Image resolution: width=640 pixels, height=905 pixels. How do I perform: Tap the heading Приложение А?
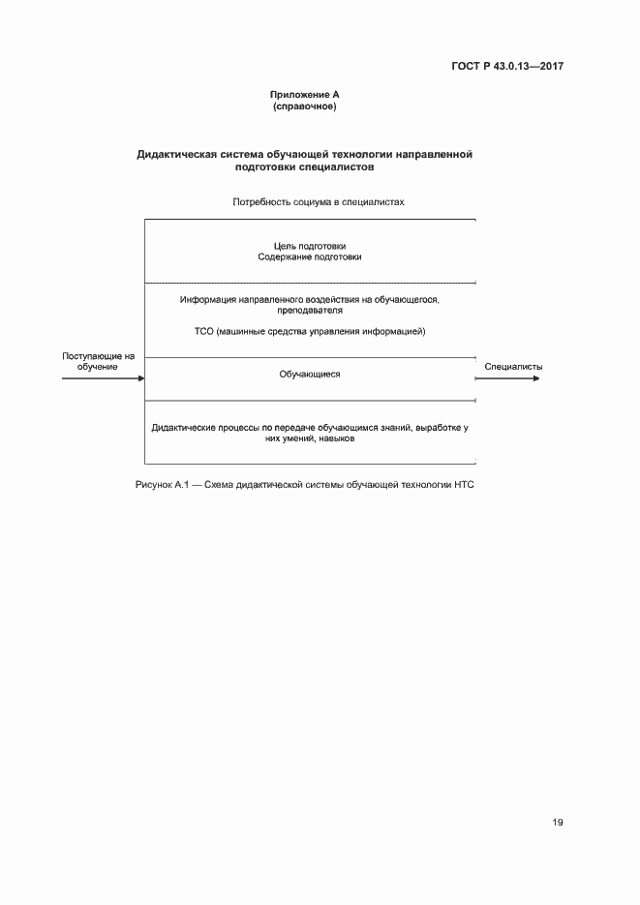[304, 94]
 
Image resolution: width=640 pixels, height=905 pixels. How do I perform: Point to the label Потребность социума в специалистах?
[317, 202]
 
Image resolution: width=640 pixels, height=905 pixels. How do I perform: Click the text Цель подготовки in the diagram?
[310, 246]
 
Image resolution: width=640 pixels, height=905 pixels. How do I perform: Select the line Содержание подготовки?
[310, 257]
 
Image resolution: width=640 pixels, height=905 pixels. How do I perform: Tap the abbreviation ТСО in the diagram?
[205, 331]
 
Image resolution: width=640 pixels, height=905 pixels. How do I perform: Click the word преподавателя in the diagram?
[309, 311]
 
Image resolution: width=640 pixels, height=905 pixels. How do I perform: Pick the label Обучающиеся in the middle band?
[310, 374]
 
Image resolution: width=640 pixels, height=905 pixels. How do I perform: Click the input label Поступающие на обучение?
[98, 361]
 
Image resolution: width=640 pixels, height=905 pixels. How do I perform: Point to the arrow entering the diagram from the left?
[102, 378]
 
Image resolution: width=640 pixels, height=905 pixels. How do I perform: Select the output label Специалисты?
[513, 367]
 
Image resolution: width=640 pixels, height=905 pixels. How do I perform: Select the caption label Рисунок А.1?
[160, 483]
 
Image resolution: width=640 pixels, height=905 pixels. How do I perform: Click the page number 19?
[557, 822]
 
